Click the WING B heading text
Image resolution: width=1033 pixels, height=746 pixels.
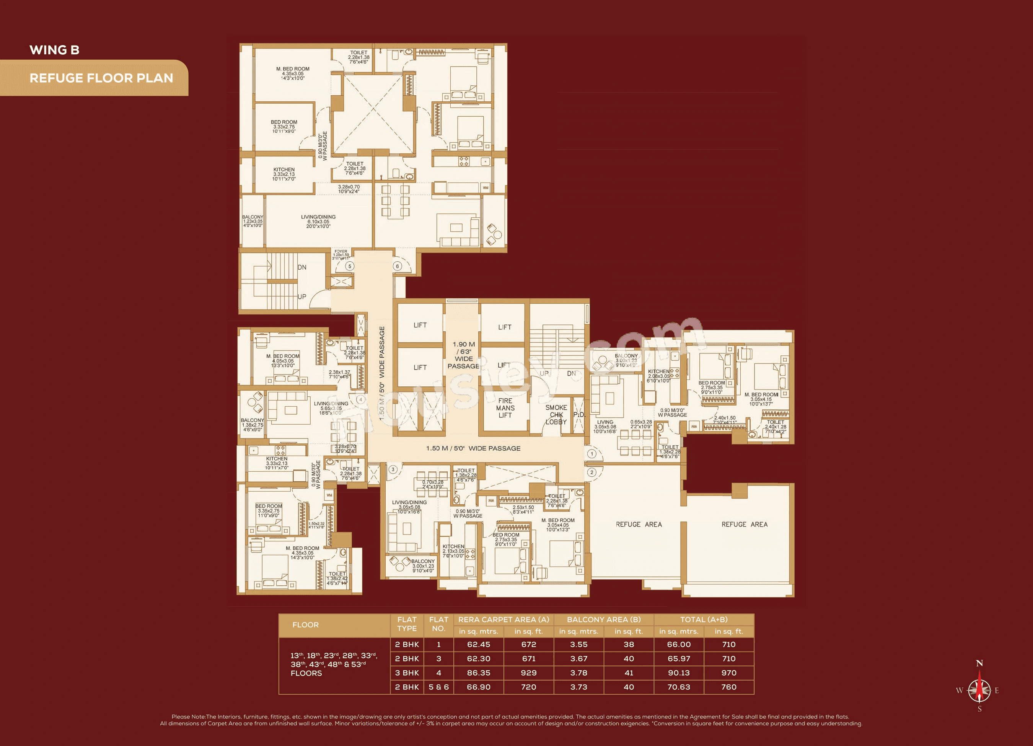click(x=54, y=50)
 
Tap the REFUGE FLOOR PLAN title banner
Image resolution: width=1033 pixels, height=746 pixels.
click(x=101, y=78)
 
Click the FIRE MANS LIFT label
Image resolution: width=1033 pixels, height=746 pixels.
click(x=505, y=408)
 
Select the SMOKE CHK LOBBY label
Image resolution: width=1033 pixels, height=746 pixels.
click(x=556, y=415)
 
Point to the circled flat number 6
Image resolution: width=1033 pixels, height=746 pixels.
click(x=398, y=266)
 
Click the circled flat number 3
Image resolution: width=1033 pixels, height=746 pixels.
click(x=393, y=469)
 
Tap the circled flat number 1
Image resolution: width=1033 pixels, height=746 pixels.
click(x=591, y=454)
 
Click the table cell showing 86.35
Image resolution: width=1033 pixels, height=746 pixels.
click(x=479, y=673)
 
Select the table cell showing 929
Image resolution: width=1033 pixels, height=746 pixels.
click(x=528, y=673)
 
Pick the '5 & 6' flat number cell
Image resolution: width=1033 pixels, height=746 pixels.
click(x=438, y=687)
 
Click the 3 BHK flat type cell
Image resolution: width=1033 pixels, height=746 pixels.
click(x=407, y=673)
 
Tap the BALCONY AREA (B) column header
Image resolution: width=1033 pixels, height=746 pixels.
click(x=603, y=619)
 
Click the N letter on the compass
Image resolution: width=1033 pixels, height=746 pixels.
click(x=979, y=663)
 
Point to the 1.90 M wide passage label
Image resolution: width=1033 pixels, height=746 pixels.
click(x=464, y=355)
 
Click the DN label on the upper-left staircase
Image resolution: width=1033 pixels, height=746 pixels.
click(x=302, y=267)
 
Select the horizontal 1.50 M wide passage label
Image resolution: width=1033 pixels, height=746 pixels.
click(x=473, y=448)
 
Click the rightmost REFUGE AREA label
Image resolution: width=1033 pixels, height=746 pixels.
click(x=744, y=524)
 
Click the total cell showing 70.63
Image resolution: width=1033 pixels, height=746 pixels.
click(x=679, y=687)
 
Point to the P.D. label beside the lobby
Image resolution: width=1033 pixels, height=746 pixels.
click(x=579, y=414)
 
